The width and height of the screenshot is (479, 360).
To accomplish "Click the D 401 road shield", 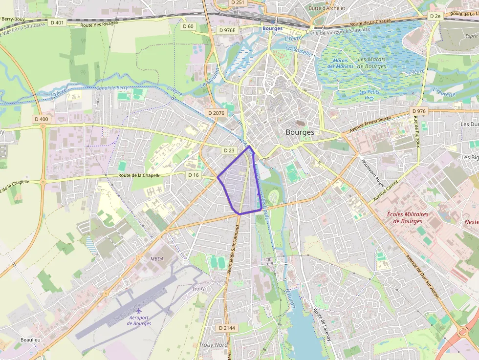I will point(57,22).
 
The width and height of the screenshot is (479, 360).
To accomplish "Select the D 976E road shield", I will point(227,30).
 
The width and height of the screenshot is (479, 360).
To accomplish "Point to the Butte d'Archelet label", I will point(327,8).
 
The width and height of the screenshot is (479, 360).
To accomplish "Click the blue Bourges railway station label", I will point(272,28).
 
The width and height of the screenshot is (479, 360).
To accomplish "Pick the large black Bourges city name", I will point(300,132).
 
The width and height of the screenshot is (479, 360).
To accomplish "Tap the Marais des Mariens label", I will point(340,64).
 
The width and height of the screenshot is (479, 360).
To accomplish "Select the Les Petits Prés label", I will point(369,95).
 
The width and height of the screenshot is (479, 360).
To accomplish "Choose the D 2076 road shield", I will point(216,113).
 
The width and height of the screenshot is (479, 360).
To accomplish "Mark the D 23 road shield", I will point(229,150).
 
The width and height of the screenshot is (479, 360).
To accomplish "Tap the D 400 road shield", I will point(42,119).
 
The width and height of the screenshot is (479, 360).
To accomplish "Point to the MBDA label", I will point(157,259).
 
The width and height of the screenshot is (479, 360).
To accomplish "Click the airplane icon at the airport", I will point(139,311).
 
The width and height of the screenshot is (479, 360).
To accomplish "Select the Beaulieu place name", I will point(30,339).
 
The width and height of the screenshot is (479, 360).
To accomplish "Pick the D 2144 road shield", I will point(227,328).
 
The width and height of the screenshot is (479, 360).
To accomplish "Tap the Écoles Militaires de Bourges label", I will point(407,218).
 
